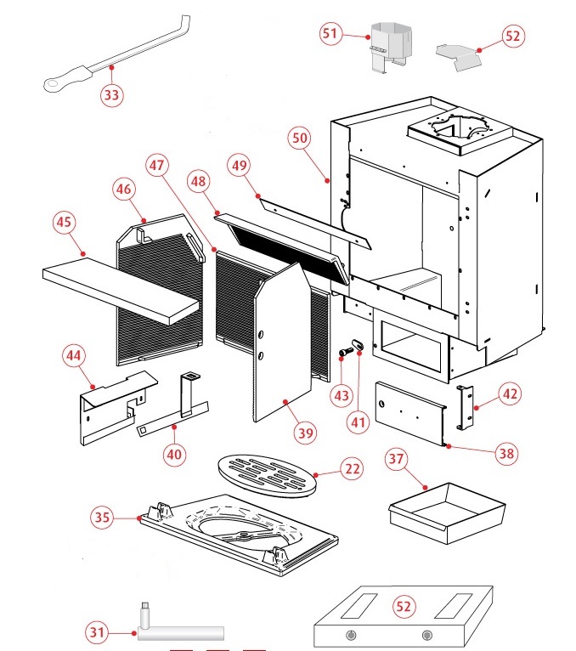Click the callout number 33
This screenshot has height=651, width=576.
(x=111, y=94)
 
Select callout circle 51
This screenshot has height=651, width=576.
(x=331, y=35)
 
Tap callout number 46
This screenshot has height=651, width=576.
(x=124, y=190)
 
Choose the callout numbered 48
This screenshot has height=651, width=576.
(x=199, y=183)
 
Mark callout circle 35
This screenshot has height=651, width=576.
(x=102, y=516)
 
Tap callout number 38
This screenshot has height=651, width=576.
(x=506, y=454)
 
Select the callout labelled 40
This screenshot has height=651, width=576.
(x=174, y=454)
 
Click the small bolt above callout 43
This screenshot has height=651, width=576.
(x=345, y=351)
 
